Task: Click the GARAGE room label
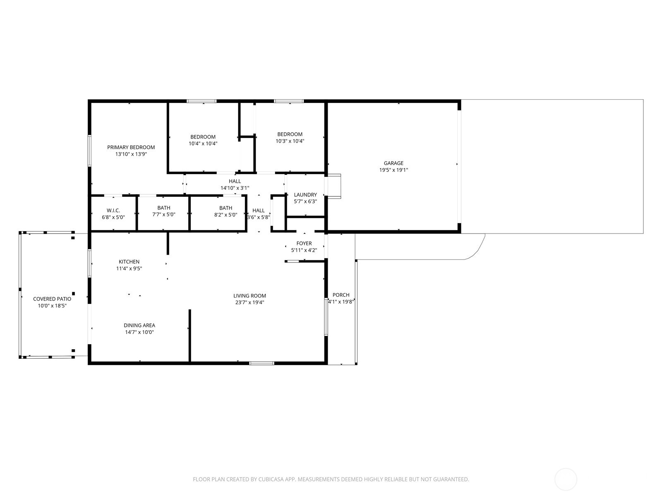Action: pos(393,163)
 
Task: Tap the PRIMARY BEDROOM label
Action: pos(131,147)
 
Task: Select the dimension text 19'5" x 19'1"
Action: pos(393,170)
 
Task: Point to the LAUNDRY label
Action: pos(305,195)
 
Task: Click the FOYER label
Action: pos(304,243)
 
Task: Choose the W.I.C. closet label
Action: pos(113,210)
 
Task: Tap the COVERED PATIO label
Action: pos(52,299)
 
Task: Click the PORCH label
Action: pos(341,295)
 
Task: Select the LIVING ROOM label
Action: pos(249,296)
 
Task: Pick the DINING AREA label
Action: pos(139,325)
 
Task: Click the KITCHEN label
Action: pos(129,262)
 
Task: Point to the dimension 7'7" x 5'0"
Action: pos(163,215)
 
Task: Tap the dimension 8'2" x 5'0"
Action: pos(225,215)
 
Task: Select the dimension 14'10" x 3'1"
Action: pos(235,188)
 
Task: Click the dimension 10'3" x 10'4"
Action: pos(290,141)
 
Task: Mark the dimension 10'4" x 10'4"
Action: pos(203,143)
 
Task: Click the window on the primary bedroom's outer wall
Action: pos(89,151)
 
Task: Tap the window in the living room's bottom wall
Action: pos(261,363)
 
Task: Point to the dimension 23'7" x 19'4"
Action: pos(249,302)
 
